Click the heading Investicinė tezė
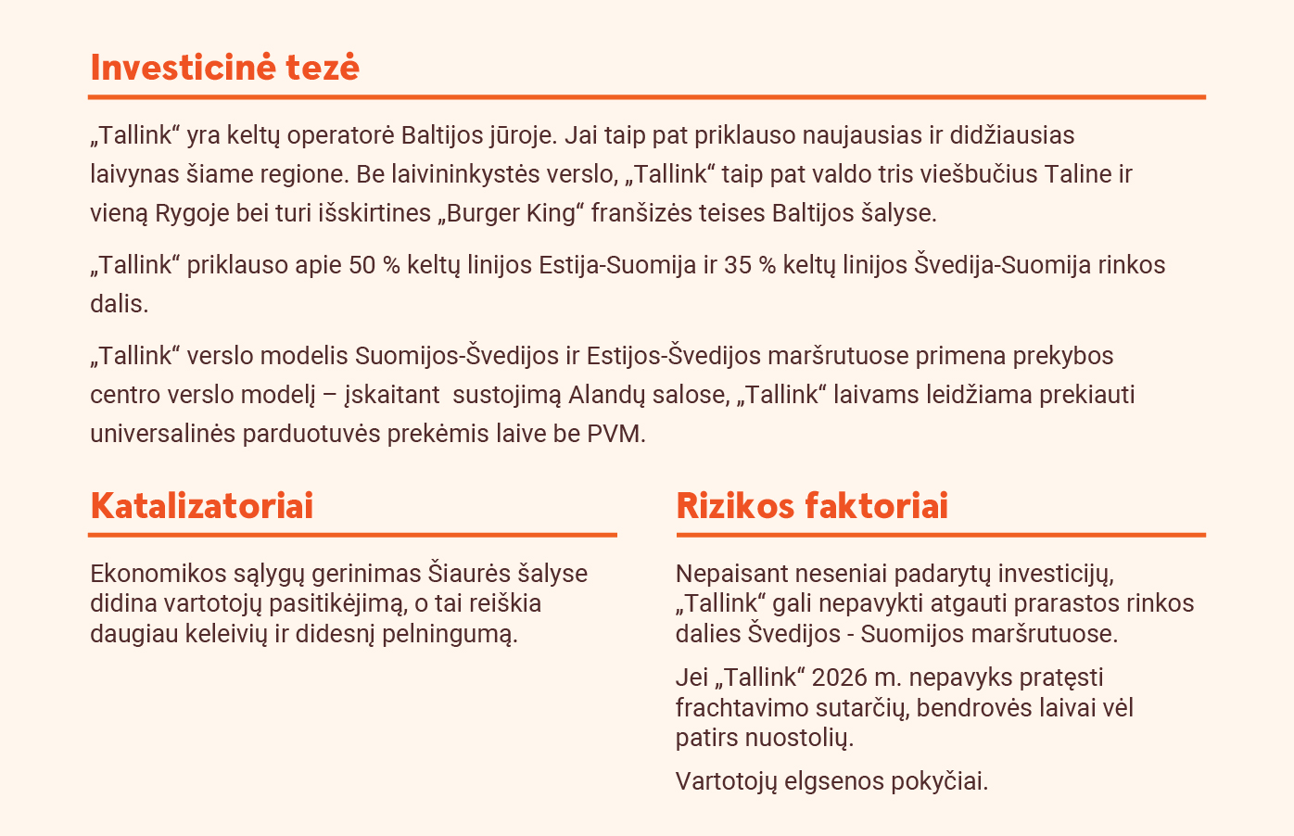225,68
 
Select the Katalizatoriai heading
202,506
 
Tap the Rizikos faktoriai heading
812,506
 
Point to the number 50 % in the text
374,265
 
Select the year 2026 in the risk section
839,678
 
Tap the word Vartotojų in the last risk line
726,781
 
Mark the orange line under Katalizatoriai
352,535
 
